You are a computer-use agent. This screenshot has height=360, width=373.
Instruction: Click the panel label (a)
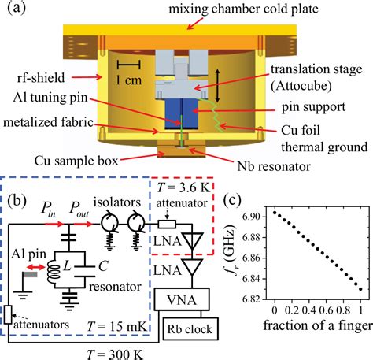17,9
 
